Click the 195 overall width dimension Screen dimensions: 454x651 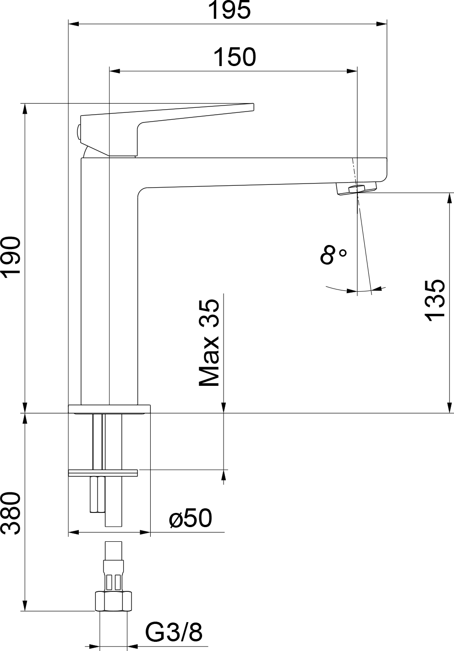[x=230, y=10]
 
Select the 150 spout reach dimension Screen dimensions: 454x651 [x=235, y=57]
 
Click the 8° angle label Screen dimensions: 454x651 [x=333, y=254]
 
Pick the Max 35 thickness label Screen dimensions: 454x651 [x=209, y=343]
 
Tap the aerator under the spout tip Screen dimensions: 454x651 [x=356, y=189]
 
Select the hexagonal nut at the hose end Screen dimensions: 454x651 [x=114, y=601]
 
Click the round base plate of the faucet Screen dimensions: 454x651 [x=109, y=409]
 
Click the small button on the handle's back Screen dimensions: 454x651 [x=78, y=131]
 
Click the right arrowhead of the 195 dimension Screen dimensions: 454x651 [x=382, y=24]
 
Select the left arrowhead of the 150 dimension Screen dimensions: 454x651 [x=115, y=71]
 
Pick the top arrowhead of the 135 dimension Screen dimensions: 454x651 [x=450, y=198]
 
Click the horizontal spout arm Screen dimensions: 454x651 [x=261, y=173]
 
